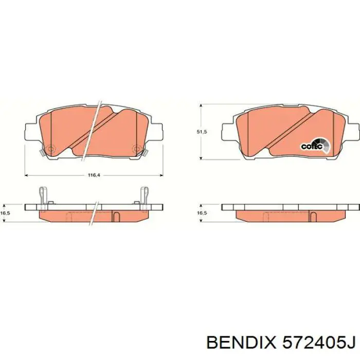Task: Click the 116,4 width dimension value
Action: [93, 176]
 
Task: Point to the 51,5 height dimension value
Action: [202, 132]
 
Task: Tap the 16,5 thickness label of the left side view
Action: [6, 212]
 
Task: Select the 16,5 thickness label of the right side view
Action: [202, 212]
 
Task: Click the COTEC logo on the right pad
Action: [312, 146]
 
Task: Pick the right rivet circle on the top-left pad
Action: [136, 150]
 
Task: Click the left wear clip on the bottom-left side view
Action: [43, 197]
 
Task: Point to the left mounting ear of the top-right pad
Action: [228, 132]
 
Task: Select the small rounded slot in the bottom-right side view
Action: [312, 216]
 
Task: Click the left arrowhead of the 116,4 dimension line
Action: [27, 175]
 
